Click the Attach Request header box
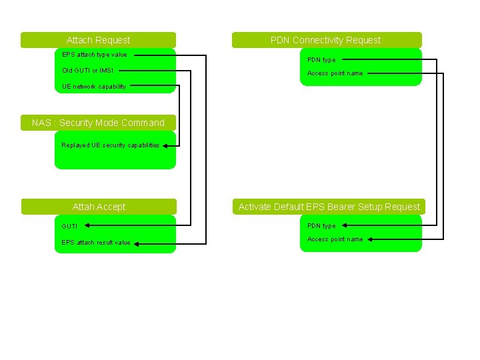[98, 40]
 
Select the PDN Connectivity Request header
[326, 40]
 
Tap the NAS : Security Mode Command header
[98, 123]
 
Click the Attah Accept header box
[99, 207]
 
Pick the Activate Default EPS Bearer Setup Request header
[329, 207]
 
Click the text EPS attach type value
[95, 55]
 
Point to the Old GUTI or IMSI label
[87, 70]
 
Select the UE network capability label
[94, 87]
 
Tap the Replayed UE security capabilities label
[111, 145]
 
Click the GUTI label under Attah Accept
[69, 227]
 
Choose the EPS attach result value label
[96, 243]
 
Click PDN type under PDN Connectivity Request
[321, 60]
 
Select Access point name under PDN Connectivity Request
[335, 73]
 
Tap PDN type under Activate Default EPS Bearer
[321, 226]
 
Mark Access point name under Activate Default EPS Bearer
[335, 239]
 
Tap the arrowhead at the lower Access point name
[370, 239]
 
